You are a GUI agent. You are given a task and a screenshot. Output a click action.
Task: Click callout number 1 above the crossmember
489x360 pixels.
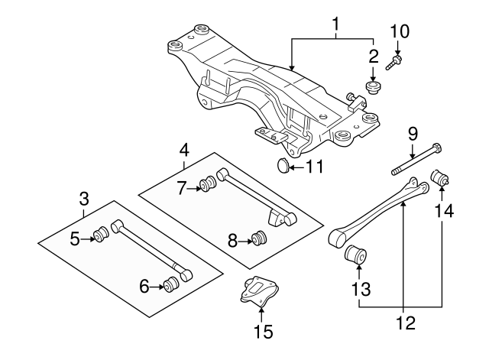point(335,28)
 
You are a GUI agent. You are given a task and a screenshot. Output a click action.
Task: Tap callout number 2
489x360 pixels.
point(373,56)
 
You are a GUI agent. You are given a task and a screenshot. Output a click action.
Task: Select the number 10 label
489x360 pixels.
point(400,31)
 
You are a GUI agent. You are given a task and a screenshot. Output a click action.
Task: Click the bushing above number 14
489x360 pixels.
point(442,179)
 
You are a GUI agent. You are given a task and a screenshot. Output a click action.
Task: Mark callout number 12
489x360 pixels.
point(405,323)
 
